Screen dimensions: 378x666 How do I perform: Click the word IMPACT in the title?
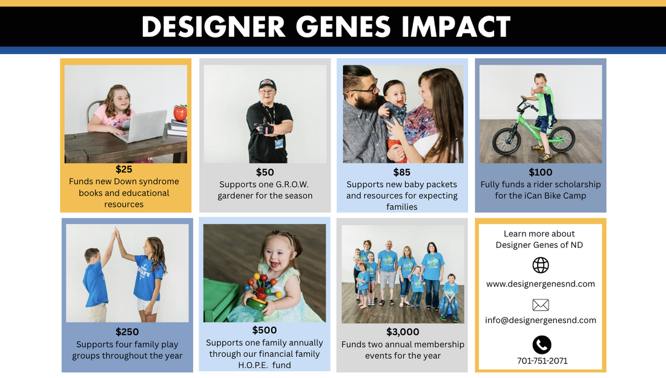pyautogui.click(x=456, y=27)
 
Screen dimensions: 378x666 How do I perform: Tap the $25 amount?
pyautogui.click(x=124, y=169)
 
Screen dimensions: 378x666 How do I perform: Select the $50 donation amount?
pyautogui.click(x=265, y=172)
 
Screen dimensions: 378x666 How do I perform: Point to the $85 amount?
pyautogui.click(x=401, y=172)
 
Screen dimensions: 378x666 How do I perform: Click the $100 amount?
pyautogui.click(x=540, y=172)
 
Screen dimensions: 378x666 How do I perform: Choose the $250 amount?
pyautogui.click(x=127, y=331)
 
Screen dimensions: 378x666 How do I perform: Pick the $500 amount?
pyautogui.click(x=265, y=330)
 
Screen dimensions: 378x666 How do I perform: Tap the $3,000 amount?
pyautogui.click(x=403, y=331)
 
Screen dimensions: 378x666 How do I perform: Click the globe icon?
pyautogui.click(x=541, y=265)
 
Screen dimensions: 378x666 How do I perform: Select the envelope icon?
pyautogui.click(x=541, y=305)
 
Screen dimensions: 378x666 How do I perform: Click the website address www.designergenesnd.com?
pyautogui.click(x=541, y=284)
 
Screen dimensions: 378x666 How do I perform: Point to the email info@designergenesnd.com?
pyautogui.click(x=541, y=321)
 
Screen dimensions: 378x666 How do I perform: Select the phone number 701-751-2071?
pyautogui.click(x=542, y=361)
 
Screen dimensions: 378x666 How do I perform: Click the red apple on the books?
pyautogui.click(x=180, y=113)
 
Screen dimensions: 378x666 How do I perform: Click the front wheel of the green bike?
pyautogui.click(x=507, y=140)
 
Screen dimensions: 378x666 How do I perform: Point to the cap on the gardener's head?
pyautogui.click(x=267, y=84)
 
